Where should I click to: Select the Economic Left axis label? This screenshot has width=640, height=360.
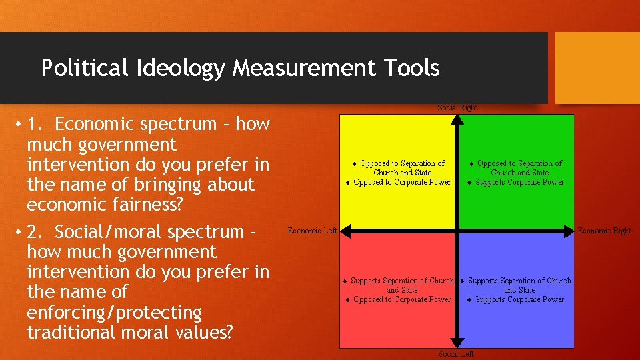coord(312,231)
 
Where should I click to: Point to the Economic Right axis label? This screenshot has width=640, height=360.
coord(604,231)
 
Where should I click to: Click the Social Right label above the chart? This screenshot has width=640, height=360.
coord(457,107)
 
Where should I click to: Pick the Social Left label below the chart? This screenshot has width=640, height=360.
coord(456,353)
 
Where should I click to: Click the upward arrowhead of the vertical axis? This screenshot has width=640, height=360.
coord(457,119)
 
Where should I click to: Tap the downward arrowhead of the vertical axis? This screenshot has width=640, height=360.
coord(457,343)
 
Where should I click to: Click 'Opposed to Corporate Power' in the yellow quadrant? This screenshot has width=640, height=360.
coord(402,182)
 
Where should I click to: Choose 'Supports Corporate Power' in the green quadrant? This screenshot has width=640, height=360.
coord(519,182)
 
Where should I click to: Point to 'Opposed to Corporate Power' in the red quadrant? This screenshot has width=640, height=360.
coord(402,299)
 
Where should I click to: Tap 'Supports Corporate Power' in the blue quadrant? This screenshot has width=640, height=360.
coord(519,299)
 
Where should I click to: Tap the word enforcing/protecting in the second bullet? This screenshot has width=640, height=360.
coord(114,312)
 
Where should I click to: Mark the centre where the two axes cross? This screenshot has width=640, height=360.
coord(457,231)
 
